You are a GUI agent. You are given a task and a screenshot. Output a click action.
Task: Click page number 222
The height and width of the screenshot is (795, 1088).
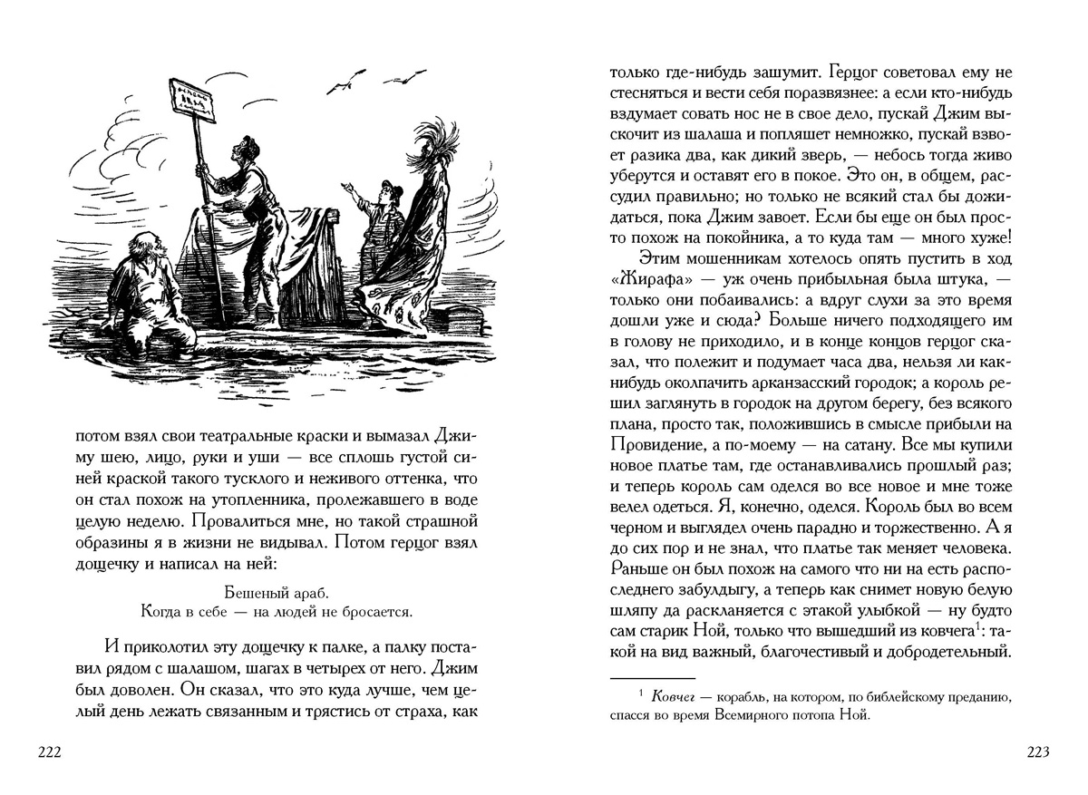[x=47, y=751]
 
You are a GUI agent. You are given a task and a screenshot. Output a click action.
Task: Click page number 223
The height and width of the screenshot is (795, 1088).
[x=1037, y=751]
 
